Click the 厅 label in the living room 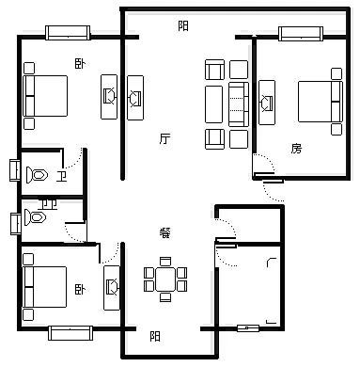[164, 138]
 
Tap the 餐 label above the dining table [164, 232]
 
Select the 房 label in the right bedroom [296, 149]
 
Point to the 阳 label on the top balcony [183, 25]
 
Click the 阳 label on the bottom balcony [155, 336]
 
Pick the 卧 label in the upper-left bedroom [80, 64]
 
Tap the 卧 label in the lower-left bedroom [80, 289]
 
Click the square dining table [165, 279]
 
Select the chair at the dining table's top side [165, 262]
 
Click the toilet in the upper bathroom [37, 175]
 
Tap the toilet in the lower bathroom [36, 217]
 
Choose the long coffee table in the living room [213, 104]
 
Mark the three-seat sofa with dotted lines [239, 104]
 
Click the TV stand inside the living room [135, 98]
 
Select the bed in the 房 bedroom [321, 102]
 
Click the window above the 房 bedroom [301, 34]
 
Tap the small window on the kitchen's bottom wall [248, 328]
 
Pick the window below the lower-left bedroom [70, 333]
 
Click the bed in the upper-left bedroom [45, 96]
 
